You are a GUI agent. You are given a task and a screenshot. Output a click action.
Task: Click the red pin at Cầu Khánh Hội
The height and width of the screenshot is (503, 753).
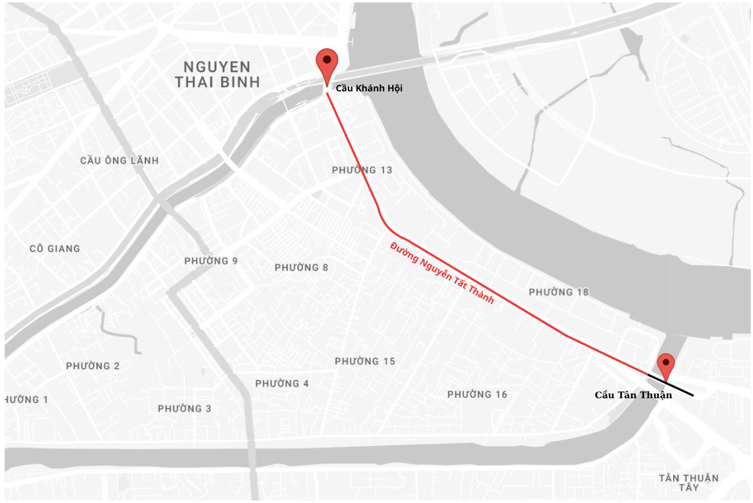click(327, 62)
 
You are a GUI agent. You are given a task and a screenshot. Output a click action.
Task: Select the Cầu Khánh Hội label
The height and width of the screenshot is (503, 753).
click(369, 88)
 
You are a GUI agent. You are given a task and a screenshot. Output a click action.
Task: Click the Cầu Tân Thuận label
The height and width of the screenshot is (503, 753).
click(633, 395)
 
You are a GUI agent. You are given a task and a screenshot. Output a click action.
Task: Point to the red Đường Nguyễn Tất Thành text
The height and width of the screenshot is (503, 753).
click(442, 272)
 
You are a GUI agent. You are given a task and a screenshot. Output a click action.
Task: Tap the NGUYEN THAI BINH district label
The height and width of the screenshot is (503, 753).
click(218, 75)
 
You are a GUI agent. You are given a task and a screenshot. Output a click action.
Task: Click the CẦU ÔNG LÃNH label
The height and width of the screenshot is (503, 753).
click(119, 161)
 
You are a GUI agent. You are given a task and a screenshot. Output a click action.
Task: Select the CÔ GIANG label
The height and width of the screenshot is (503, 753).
click(55, 249)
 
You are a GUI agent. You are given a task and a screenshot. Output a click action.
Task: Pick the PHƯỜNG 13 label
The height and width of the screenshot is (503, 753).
click(362, 170)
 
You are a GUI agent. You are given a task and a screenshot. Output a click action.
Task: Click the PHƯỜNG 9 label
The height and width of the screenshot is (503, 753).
click(211, 261)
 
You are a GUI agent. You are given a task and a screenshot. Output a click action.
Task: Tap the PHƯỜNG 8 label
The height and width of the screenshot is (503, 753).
click(301, 268)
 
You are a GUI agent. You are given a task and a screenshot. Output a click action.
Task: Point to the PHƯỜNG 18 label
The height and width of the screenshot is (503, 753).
click(559, 292)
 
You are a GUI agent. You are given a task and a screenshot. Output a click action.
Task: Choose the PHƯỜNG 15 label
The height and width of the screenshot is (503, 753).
click(365, 362)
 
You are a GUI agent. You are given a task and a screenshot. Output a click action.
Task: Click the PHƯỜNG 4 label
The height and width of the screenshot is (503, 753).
click(282, 384)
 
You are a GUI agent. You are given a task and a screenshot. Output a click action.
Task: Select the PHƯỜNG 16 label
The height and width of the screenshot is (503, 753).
click(477, 395)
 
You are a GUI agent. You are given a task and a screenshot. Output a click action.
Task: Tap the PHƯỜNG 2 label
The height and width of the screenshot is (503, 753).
click(93, 366)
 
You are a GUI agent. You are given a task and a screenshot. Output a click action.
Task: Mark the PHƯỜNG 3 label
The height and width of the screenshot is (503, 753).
click(184, 409)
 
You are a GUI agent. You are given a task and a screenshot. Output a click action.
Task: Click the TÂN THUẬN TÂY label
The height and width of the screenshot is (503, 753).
click(688, 483)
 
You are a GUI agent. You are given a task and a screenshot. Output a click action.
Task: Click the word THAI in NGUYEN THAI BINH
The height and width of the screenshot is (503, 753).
click(194, 82)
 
